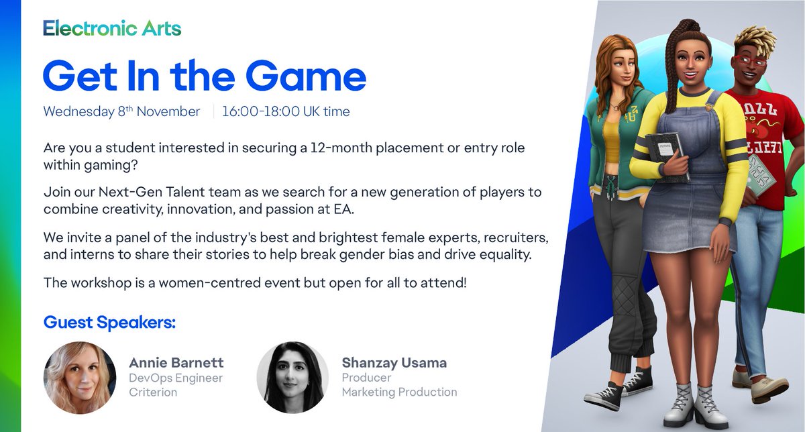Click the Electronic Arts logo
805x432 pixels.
(x=112, y=28)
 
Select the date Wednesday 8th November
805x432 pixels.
(x=121, y=111)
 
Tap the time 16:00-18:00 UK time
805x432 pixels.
(x=286, y=111)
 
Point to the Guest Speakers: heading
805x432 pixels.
(x=109, y=322)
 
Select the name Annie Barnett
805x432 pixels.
(x=176, y=363)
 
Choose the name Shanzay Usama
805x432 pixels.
(x=394, y=363)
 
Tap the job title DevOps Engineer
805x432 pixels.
(x=176, y=378)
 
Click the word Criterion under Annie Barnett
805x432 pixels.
(x=153, y=392)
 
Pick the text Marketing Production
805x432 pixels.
(x=399, y=392)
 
